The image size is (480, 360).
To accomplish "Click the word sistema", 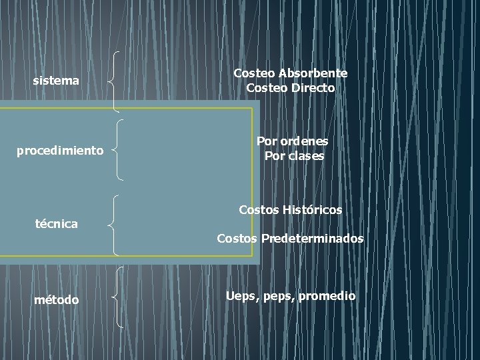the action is [56, 81].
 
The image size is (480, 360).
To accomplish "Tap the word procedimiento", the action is [60, 151].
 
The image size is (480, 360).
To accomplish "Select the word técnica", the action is [56, 224].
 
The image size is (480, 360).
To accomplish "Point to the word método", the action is [56, 300].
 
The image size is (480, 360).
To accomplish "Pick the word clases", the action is [307, 156].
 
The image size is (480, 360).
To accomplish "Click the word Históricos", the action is [313, 209].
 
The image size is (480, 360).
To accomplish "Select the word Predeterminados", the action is [313, 238].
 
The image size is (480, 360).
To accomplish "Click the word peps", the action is [279, 296].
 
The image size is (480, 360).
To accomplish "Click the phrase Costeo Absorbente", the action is [290, 73].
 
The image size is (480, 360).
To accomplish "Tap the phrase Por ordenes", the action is [293, 141].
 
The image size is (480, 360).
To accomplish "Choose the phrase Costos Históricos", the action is [290, 209].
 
